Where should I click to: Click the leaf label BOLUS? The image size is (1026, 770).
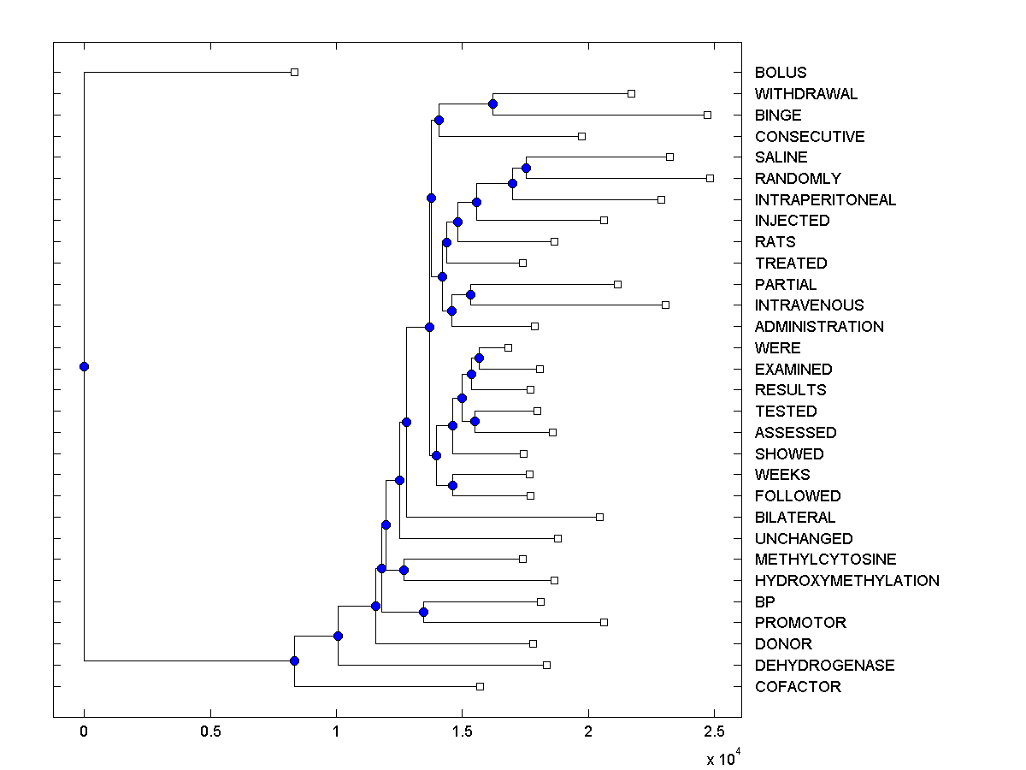pyautogui.click(x=781, y=73)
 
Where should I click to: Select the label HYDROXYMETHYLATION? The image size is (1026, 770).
pyautogui.click(x=846, y=581)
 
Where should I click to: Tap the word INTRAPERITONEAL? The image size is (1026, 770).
pyautogui.click(x=825, y=200)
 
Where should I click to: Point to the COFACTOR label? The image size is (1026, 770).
pyautogui.click(x=798, y=687)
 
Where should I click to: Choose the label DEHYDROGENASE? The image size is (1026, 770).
pyautogui.click(x=824, y=666)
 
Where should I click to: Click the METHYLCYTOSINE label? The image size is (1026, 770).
pyautogui.click(x=825, y=560)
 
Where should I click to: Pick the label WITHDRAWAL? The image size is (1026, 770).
pyautogui.click(x=805, y=94)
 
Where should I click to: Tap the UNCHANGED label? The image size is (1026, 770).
pyautogui.click(x=804, y=539)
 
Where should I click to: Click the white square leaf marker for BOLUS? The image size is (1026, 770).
pyautogui.click(x=294, y=73)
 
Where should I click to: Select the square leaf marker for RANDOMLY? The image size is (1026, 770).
pyautogui.click(x=710, y=178)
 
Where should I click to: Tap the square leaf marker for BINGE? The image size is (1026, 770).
pyautogui.click(x=707, y=115)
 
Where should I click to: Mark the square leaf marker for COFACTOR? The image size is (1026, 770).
pyautogui.click(x=480, y=686)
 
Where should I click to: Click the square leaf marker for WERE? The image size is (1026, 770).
pyautogui.click(x=508, y=347)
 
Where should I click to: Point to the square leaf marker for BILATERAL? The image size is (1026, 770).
pyautogui.click(x=599, y=517)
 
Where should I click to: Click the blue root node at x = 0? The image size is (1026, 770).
pyautogui.click(x=84, y=366)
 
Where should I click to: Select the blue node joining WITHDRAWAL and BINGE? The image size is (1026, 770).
pyautogui.click(x=492, y=104)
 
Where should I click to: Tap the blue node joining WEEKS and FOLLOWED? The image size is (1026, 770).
pyautogui.click(x=452, y=485)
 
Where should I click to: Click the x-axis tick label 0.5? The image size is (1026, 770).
pyautogui.click(x=209, y=731)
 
